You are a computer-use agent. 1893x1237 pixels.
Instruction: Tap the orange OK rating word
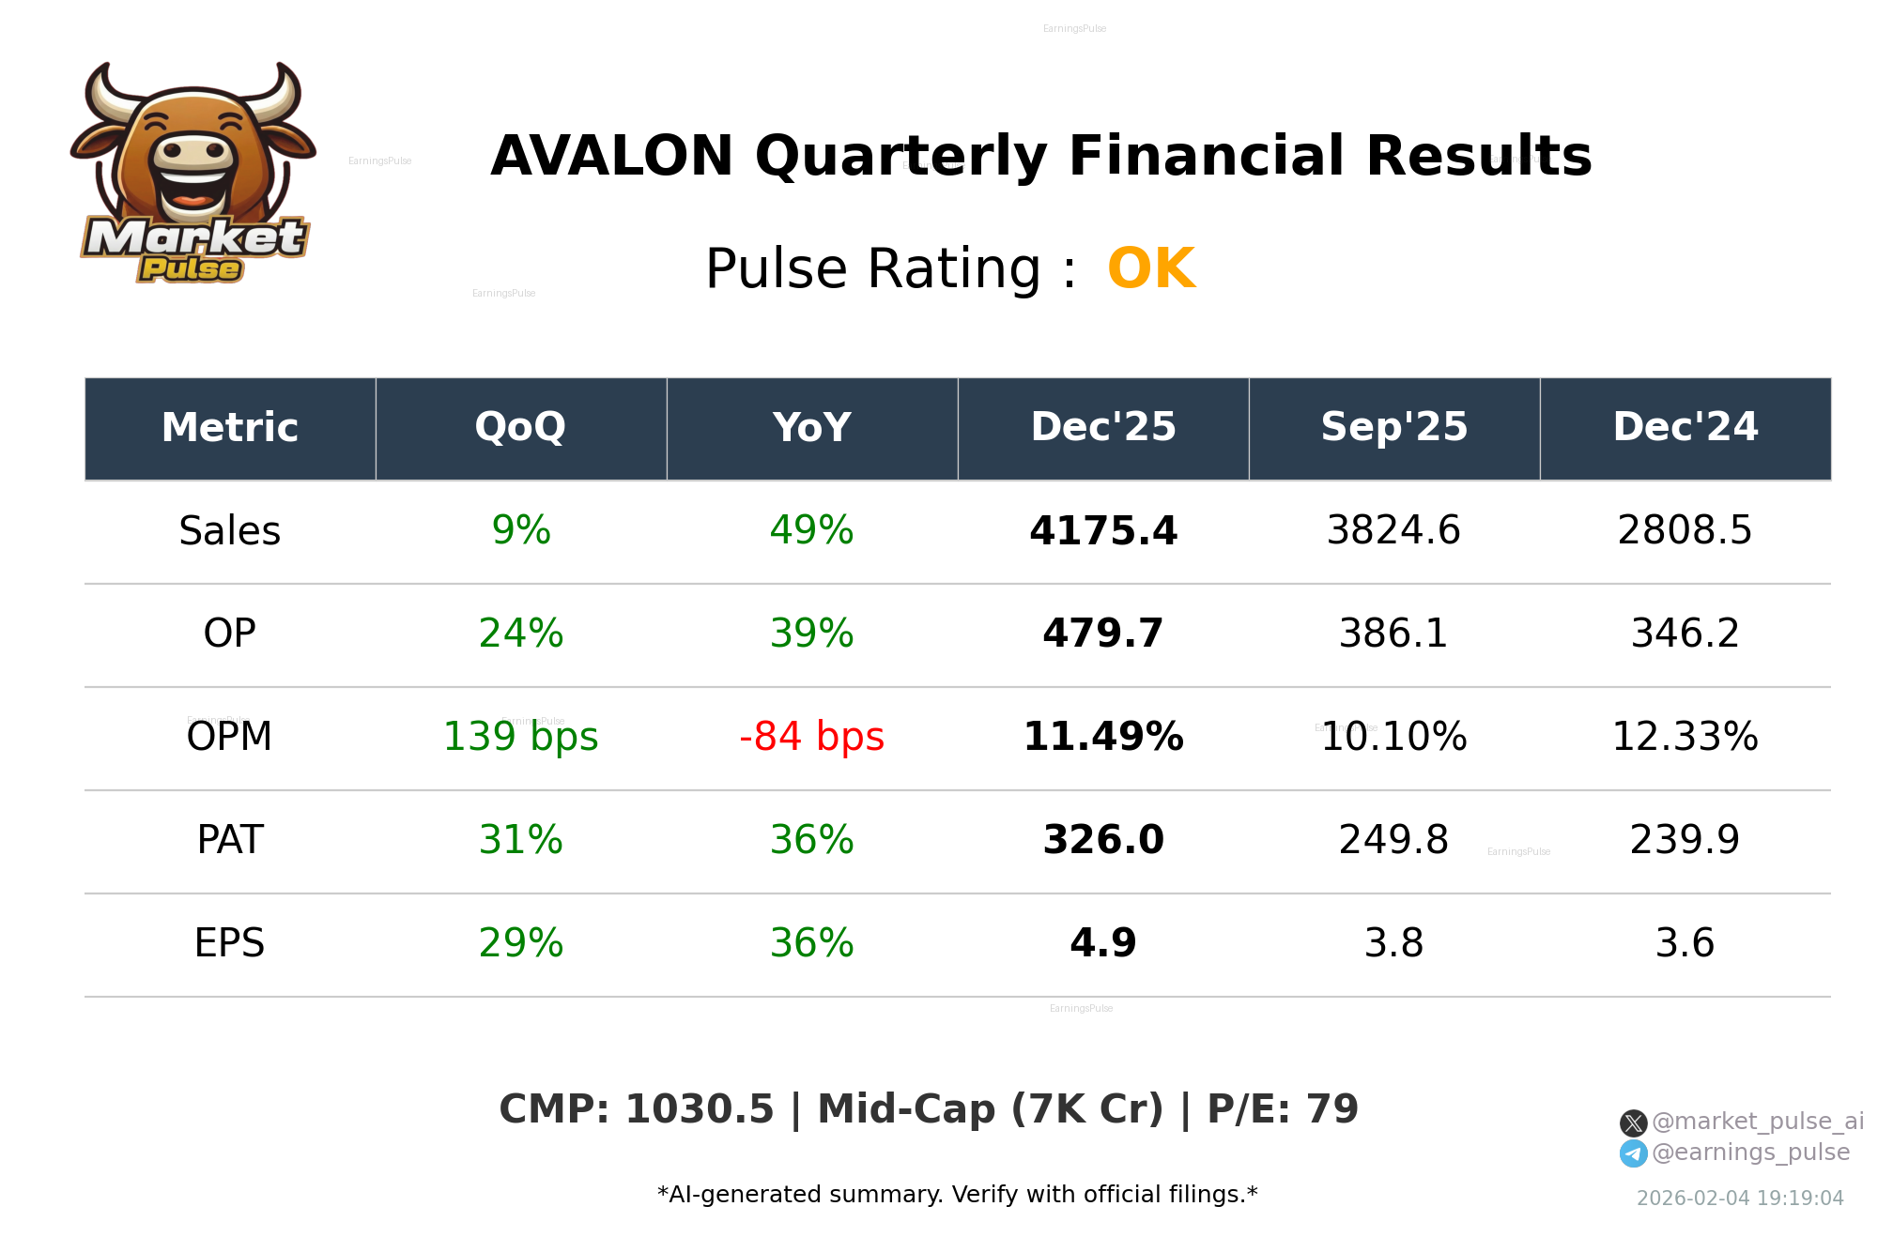[1151, 269]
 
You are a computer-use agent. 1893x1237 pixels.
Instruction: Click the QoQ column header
[520, 428]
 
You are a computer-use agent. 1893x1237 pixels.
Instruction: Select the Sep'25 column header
[1393, 428]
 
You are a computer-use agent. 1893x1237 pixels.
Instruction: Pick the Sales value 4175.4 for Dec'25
[1102, 531]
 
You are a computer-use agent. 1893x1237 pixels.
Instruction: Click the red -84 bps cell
[811, 737]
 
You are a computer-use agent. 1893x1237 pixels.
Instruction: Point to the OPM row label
[229, 737]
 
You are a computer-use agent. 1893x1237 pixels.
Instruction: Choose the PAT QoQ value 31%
[520, 840]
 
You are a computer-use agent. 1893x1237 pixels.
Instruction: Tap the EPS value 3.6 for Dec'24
[1685, 943]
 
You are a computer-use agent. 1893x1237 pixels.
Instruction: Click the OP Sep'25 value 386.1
[1393, 634]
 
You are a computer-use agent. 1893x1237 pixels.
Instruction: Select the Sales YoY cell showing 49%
[811, 531]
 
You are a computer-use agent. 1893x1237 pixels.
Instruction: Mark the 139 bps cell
[520, 737]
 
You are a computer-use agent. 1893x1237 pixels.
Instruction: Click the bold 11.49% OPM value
[1102, 737]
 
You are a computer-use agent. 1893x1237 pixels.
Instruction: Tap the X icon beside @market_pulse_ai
[1633, 1122]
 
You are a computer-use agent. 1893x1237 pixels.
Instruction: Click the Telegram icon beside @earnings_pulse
[1633, 1153]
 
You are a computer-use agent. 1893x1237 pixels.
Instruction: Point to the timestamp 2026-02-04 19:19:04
[1740, 1199]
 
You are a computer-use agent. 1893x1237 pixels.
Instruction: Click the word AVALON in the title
[611, 157]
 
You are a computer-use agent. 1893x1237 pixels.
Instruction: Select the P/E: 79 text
[1283, 1109]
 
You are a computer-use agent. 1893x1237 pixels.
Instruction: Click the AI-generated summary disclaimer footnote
[957, 1195]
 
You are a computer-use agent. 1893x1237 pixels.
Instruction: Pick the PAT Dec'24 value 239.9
[1685, 840]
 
